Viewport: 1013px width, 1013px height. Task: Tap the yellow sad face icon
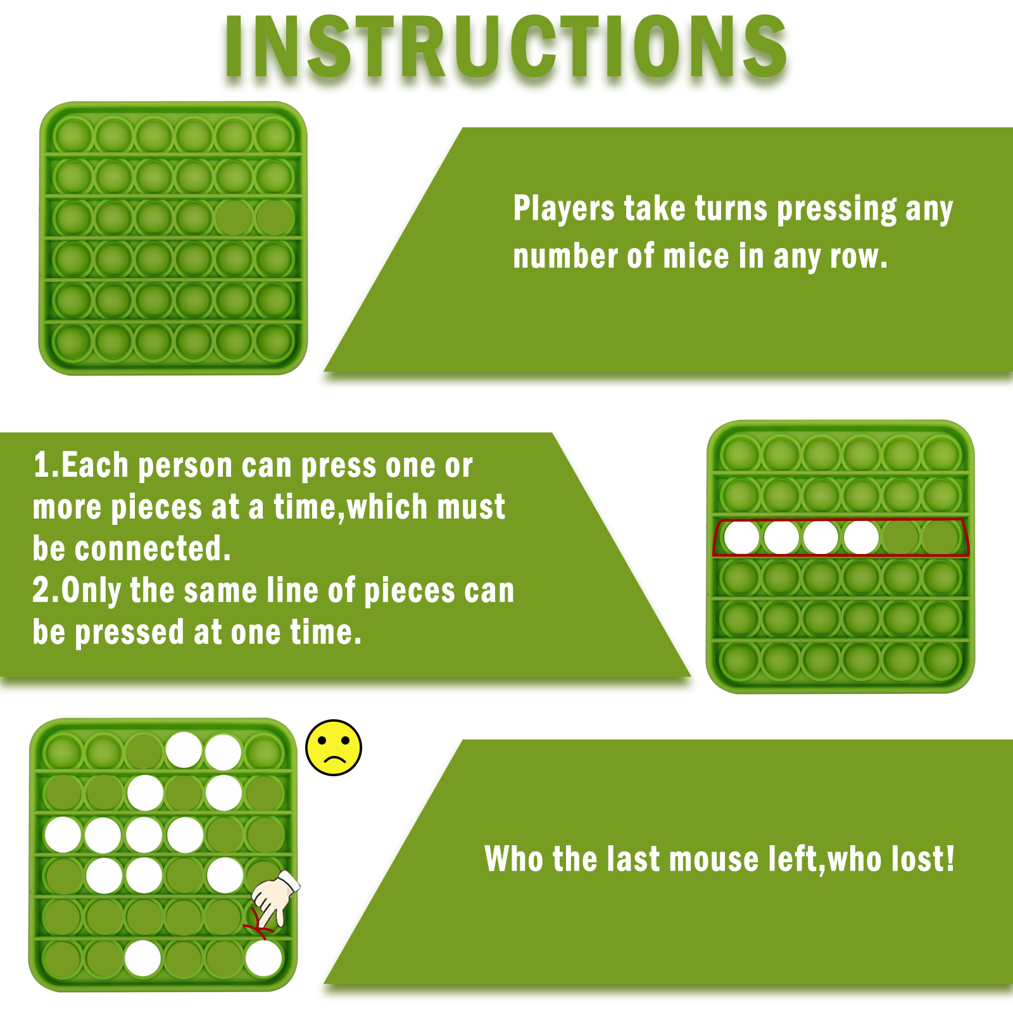tap(334, 747)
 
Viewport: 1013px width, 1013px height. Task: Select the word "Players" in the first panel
tap(563, 209)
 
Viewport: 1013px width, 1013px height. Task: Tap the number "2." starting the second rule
tap(46, 590)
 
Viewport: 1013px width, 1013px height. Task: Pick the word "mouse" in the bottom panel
tap(714, 860)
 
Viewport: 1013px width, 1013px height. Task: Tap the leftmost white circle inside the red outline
tap(741, 538)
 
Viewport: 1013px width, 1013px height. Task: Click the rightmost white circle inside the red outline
tap(861, 538)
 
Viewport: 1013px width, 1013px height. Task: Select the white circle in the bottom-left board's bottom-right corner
tap(263, 959)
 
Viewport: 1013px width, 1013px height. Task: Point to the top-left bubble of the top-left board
tap(73, 135)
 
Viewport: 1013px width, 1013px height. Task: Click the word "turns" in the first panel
tap(731, 208)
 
